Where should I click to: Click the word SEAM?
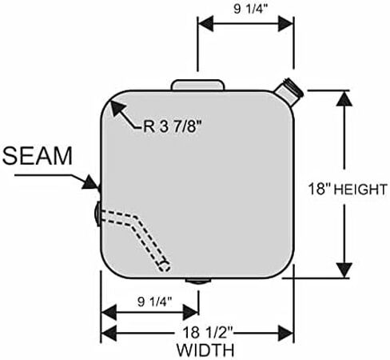(38, 156)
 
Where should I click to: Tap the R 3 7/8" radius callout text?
(172, 126)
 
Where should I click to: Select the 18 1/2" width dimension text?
(208, 333)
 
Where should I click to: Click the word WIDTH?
(205, 350)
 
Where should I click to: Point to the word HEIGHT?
(360, 190)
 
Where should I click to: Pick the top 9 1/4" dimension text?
(250, 9)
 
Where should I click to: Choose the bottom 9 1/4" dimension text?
(154, 302)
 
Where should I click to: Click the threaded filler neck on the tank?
(289, 91)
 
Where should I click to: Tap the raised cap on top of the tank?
(197, 85)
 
